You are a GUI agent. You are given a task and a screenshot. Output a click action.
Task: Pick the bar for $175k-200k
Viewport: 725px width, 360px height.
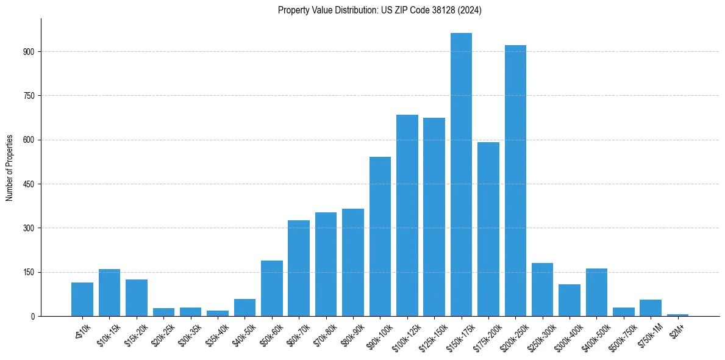click(488, 229)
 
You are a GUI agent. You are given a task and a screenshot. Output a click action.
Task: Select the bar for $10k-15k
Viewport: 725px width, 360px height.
click(110, 293)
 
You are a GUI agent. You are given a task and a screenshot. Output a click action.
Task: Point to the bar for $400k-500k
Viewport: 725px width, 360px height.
click(596, 292)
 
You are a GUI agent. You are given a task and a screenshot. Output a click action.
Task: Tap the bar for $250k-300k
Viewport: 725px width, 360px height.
click(542, 290)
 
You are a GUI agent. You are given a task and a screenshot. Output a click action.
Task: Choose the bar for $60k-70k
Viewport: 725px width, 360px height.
click(299, 268)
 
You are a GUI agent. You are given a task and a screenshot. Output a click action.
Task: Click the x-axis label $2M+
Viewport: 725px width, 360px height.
click(677, 330)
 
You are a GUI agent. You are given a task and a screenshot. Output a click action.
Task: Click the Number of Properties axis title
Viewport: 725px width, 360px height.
click(9, 167)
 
